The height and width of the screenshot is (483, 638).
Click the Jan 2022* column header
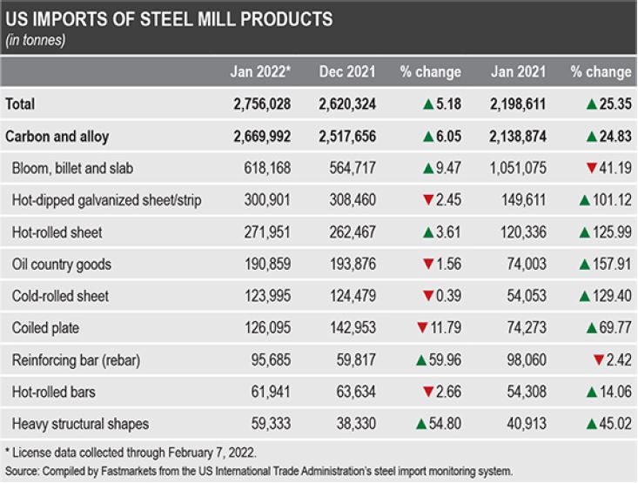(x=259, y=72)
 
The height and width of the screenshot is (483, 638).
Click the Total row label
(x=21, y=104)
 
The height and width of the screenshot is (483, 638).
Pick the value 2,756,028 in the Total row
(x=262, y=104)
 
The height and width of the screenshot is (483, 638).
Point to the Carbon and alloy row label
(x=57, y=137)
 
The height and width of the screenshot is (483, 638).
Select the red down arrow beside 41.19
(x=591, y=168)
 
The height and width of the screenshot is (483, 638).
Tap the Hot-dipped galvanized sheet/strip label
(x=107, y=200)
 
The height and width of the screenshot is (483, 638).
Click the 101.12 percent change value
(x=610, y=200)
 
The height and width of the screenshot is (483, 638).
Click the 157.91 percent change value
(x=610, y=264)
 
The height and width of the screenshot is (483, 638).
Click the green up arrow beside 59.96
(x=420, y=360)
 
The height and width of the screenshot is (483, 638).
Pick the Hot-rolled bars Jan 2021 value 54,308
(x=521, y=392)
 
